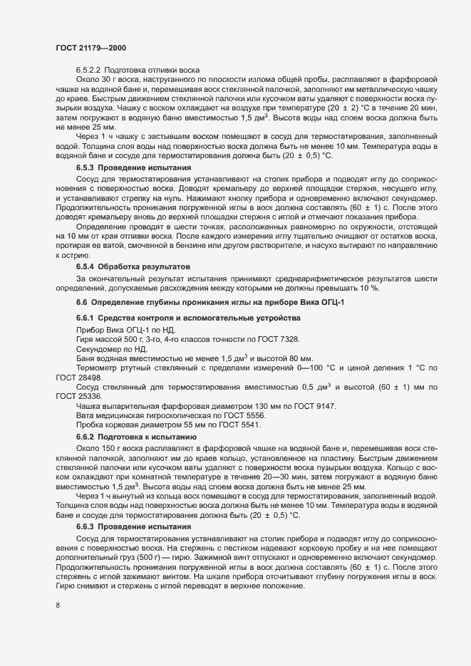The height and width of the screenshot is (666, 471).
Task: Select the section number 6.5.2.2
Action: pos(88,70)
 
